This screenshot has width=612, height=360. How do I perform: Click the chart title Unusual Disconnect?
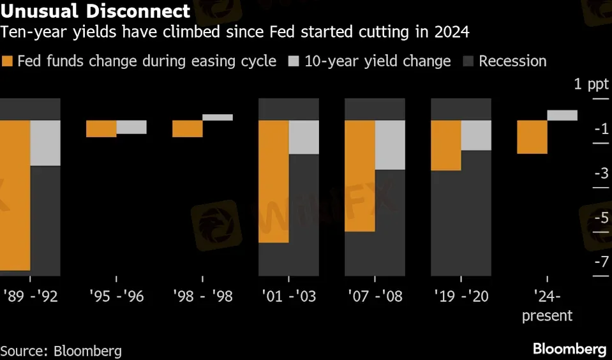96,11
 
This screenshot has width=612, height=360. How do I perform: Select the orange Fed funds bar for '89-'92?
15,195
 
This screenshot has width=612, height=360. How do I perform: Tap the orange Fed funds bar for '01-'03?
273,181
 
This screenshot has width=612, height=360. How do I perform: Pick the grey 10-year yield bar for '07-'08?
390,145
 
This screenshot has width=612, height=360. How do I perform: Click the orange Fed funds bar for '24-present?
532,137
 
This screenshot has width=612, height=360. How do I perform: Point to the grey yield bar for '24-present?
562,115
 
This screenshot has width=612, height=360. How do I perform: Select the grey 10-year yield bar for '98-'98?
218,117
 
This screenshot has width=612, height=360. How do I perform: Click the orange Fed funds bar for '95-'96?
101,128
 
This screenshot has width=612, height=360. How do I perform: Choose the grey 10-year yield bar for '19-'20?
476,135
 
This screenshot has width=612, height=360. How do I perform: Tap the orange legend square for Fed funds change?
8,61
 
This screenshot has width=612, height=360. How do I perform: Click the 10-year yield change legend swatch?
294,61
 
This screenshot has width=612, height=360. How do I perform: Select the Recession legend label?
512,61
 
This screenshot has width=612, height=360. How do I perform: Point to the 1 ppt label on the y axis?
590,85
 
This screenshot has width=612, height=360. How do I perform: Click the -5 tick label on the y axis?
600,218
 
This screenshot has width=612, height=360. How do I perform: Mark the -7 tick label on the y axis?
600,262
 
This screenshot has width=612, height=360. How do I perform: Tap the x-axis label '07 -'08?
375,297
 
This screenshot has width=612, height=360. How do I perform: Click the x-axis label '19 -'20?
461,297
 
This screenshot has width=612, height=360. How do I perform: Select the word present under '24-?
547,316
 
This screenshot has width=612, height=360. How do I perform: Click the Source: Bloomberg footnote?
61,350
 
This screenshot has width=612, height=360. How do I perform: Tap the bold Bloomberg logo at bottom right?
569,349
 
